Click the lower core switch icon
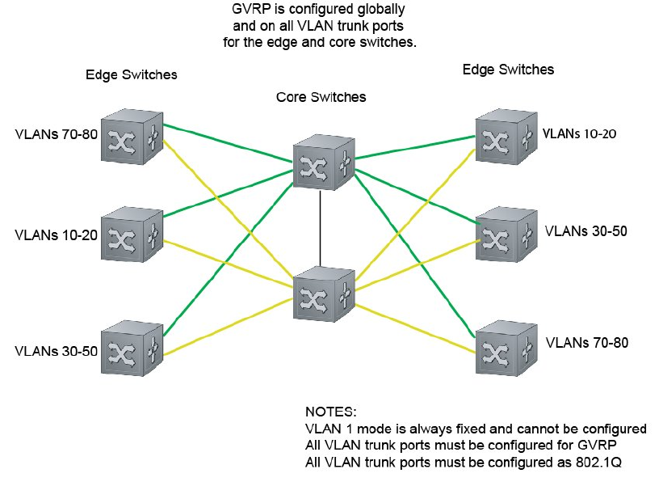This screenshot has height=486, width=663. click(x=323, y=292)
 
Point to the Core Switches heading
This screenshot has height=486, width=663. click(x=321, y=97)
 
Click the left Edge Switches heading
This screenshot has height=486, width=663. click(x=131, y=75)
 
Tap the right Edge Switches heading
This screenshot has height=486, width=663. click(x=508, y=70)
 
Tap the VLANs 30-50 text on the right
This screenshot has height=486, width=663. click(x=586, y=231)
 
